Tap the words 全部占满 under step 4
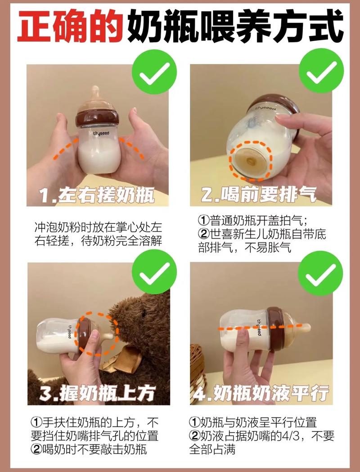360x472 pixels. pos(212,449)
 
